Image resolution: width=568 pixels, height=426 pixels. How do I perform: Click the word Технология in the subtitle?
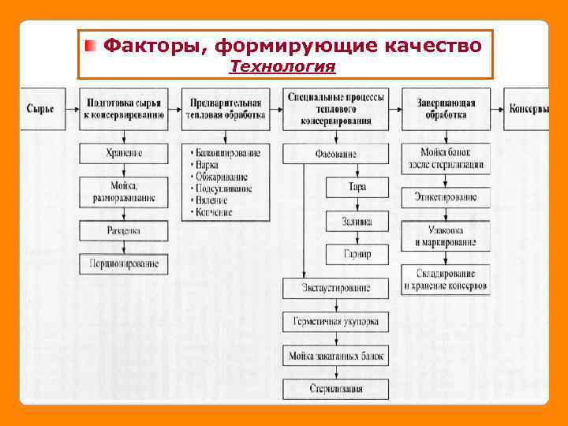282,67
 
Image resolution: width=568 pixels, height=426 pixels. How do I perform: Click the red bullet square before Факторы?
92,47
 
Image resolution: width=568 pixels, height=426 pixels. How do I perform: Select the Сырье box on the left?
40,109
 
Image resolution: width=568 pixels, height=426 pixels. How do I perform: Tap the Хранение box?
124,152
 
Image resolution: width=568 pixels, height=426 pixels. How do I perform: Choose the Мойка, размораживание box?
124,192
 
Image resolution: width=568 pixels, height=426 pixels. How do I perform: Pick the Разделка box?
124,230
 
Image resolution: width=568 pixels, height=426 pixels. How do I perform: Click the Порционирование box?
124,263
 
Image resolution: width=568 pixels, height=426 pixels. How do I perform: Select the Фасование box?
336,153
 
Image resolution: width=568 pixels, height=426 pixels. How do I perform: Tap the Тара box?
357,187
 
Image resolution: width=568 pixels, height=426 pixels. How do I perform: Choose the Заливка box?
357,221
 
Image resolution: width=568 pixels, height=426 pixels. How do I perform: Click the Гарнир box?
357,254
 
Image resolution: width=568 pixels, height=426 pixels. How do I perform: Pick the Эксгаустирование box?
336,288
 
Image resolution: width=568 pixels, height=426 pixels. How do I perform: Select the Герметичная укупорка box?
336,322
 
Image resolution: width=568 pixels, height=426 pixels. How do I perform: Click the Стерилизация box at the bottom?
336,389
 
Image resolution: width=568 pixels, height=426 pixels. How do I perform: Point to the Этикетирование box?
445,197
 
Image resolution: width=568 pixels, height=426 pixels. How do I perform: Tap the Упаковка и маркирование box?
445,235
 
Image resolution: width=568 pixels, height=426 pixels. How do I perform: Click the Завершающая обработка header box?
445,109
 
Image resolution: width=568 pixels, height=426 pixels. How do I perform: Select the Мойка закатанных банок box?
336,356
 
